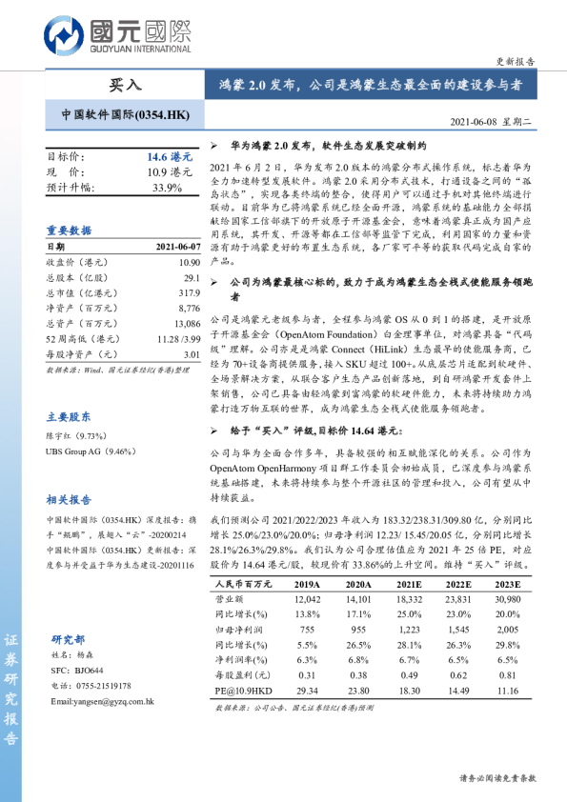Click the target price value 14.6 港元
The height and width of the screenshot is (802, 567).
click(169, 155)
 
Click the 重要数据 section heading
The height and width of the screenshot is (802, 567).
click(69, 231)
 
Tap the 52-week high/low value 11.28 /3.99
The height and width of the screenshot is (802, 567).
click(178, 338)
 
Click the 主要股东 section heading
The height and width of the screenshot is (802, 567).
click(69, 416)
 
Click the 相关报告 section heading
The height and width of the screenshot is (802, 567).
click(69, 499)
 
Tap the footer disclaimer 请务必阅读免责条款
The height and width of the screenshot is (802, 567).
click(497, 777)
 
